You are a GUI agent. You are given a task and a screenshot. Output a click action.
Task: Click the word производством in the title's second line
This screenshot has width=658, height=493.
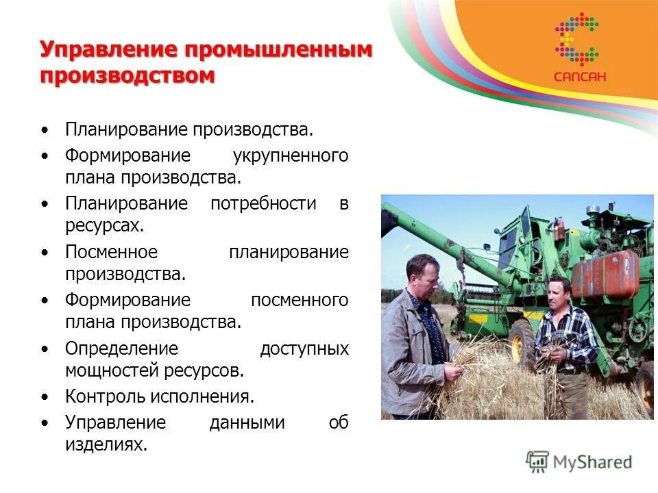(x=127, y=75)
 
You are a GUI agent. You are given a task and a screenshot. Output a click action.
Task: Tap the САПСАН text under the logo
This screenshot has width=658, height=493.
(x=580, y=77)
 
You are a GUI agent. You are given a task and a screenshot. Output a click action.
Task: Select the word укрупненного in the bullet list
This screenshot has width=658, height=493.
(x=290, y=155)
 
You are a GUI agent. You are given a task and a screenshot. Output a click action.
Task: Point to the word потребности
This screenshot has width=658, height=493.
(x=263, y=203)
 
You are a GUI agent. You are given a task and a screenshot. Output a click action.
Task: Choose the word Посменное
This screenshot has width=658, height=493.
(x=111, y=252)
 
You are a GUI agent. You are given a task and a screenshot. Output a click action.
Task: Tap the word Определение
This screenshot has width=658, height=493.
(x=121, y=349)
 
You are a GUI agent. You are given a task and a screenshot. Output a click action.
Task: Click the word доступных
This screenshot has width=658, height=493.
(x=304, y=349)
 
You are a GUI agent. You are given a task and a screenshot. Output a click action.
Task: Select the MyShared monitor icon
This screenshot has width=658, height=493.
(x=537, y=462)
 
